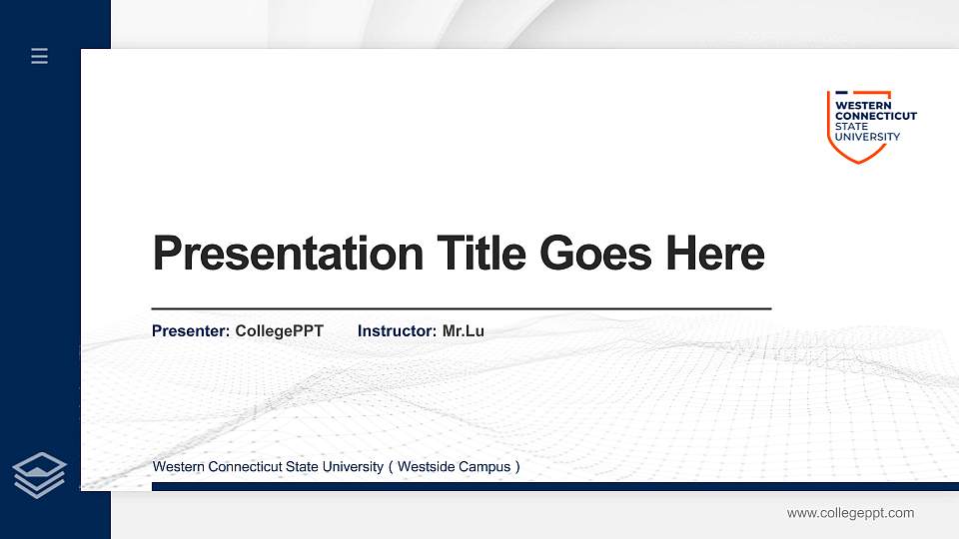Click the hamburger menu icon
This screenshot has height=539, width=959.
(x=40, y=56)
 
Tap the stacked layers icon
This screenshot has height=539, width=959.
(x=40, y=474)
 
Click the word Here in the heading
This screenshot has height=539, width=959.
(x=715, y=254)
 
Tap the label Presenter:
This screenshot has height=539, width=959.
(x=191, y=330)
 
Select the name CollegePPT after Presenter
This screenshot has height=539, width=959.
(x=280, y=330)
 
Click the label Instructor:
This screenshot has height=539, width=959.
(x=397, y=330)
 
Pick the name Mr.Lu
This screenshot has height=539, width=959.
(x=464, y=330)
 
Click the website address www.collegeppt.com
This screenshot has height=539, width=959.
(x=850, y=513)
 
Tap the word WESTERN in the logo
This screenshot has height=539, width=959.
(x=856, y=105)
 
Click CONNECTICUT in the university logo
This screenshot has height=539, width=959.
(x=875, y=116)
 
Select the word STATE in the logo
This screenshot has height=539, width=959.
(x=851, y=127)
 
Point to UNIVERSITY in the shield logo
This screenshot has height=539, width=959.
(x=867, y=137)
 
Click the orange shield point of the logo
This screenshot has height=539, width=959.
(x=858, y=160)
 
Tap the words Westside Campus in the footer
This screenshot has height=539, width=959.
(x=459, y=467)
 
